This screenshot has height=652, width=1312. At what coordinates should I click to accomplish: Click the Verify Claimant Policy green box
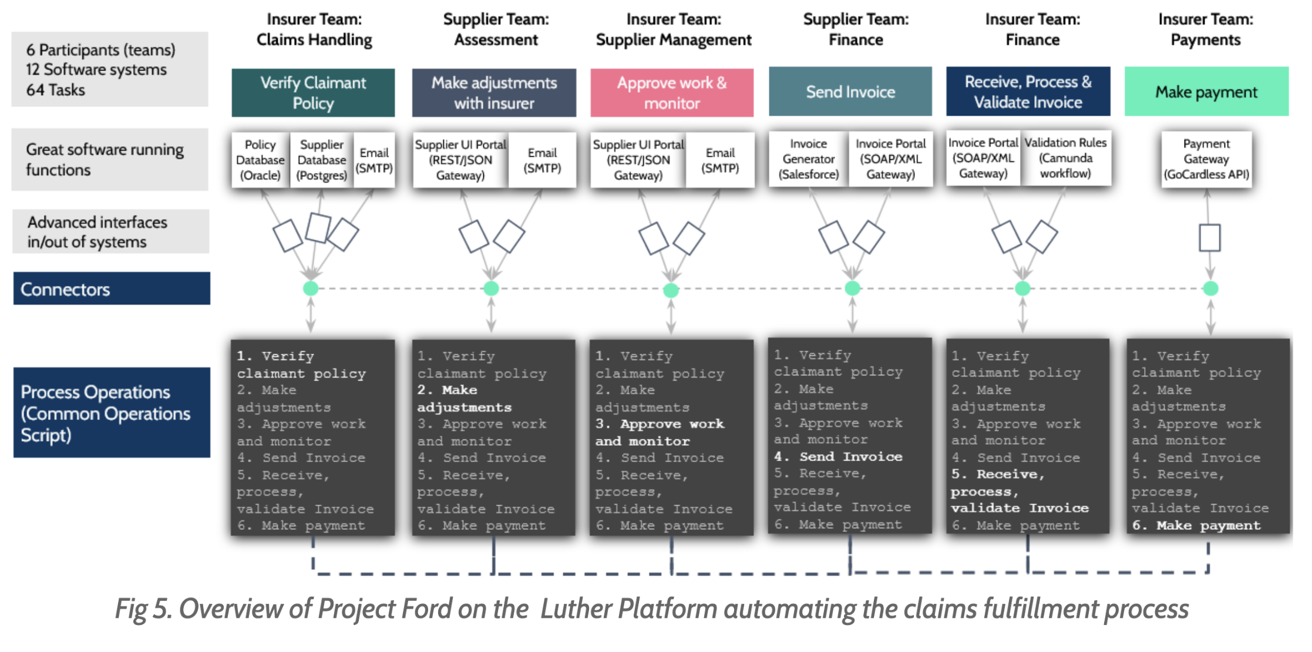point(313,93)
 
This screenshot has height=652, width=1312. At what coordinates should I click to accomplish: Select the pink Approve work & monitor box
point(671,93)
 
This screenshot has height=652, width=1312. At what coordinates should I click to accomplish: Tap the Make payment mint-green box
point(1206,92)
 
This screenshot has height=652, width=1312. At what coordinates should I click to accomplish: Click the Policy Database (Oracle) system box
point(260,160)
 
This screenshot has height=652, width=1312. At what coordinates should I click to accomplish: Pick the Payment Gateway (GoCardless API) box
point(1206,159)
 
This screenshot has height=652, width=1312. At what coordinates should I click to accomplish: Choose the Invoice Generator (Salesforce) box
point(808,159)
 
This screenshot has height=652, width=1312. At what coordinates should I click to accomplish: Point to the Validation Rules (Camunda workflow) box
point(1065,158)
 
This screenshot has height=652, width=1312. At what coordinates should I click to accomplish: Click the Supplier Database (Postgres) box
point(321,160)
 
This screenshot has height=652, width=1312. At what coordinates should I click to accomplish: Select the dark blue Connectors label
point(112,288)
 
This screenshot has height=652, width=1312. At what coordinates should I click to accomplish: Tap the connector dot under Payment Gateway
point(1210,288)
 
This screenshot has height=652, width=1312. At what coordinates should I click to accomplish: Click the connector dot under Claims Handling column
point(311,288)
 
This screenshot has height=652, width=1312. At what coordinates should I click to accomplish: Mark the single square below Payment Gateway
point(1209,238)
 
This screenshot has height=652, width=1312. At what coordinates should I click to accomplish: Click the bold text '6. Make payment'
point(1196,525)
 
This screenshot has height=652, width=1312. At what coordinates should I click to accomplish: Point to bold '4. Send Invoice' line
point(837,456)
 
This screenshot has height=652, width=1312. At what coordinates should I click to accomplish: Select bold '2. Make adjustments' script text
point(464,398)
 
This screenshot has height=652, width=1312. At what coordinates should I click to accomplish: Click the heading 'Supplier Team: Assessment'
point(496,29)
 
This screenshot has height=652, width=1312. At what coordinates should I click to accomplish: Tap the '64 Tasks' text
point(55,90)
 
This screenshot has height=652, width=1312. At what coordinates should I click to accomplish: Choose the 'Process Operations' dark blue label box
point(112,412)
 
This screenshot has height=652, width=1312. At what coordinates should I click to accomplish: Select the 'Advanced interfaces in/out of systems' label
point(110,231)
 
